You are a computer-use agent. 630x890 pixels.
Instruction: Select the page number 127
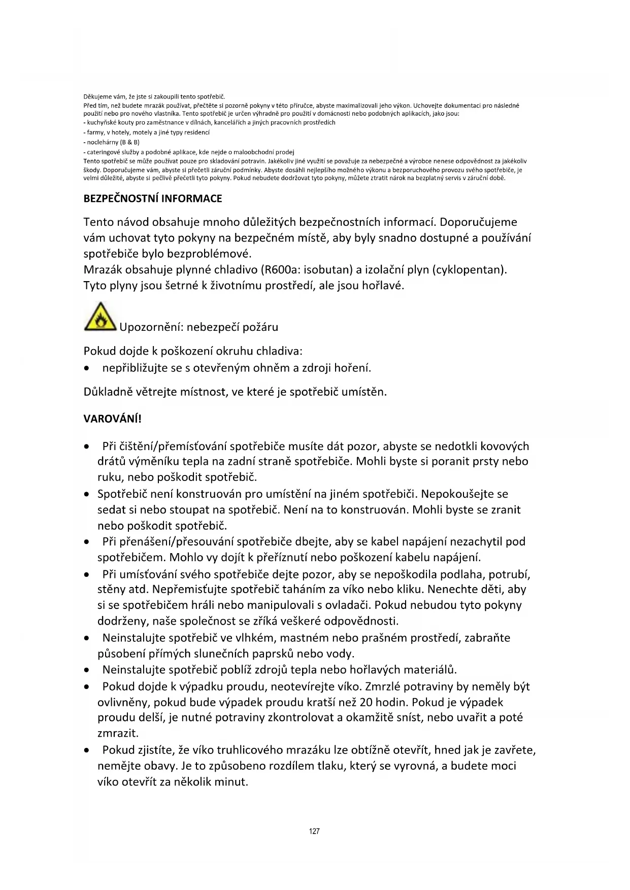(x=314, y=831)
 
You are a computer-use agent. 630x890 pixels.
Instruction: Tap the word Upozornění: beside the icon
(x=151, y=327)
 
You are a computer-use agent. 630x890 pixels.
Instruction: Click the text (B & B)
(x=129, y=142)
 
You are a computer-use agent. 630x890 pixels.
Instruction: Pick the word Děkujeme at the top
(x=94, y=96)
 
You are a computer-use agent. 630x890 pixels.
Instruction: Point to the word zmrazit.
(x=118, y=733)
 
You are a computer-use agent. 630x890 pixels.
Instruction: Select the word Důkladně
(x=106, y=392)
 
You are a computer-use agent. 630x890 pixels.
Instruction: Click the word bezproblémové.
(x=209, y=253)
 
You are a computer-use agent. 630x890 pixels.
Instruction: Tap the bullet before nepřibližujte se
(x=89, y=368)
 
